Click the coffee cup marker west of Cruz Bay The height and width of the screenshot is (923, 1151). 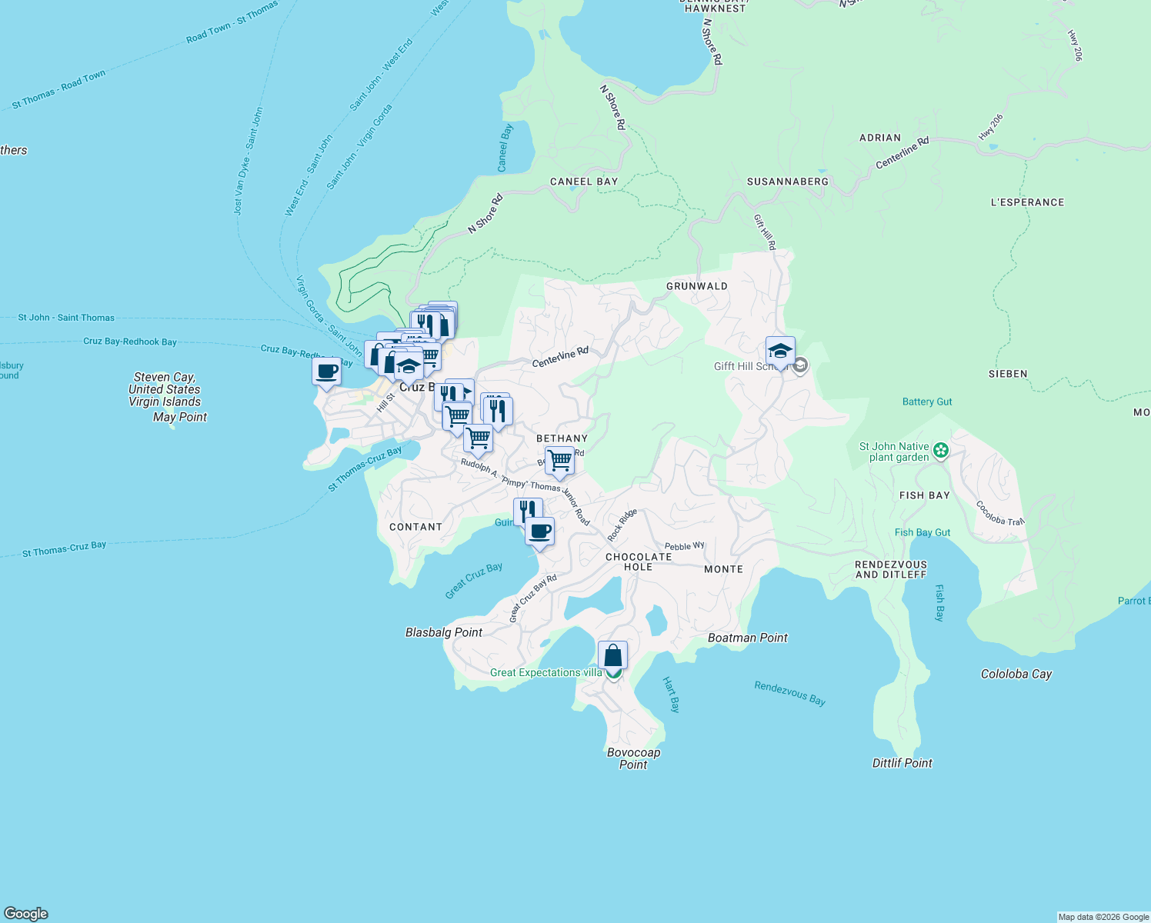326,372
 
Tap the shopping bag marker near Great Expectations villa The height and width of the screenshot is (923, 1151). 612,656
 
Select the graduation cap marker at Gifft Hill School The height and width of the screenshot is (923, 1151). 780,352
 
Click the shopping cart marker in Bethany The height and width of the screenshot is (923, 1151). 559,461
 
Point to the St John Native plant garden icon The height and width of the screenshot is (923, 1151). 939,451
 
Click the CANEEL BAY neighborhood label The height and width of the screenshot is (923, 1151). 584,182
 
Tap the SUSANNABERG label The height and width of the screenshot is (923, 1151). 788,182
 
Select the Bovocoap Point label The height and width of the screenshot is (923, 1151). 633,758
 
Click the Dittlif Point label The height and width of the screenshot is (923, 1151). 902,763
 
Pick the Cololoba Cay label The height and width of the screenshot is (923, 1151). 1016,674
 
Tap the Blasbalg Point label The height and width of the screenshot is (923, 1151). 444,632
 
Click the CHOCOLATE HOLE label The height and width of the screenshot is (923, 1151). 639,561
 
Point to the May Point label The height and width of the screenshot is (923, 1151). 180,417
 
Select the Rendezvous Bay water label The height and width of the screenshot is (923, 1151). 789,693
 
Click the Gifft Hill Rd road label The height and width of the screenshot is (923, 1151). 765,232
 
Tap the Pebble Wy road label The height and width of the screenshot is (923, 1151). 684,546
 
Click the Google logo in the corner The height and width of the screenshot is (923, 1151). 26,914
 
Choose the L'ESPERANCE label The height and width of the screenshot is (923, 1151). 1027,202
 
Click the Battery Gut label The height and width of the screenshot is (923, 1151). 927,402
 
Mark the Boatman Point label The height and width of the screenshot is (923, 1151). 747,638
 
